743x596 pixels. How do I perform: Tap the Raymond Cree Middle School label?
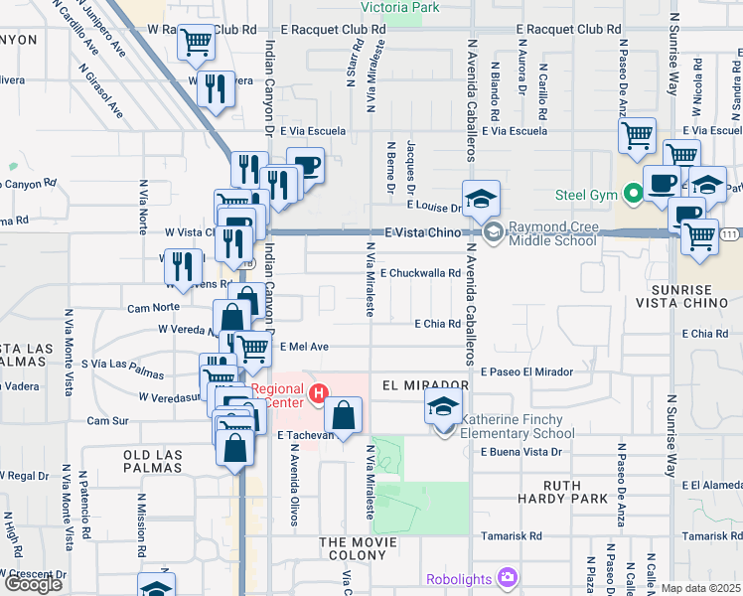click(x=552, y=233)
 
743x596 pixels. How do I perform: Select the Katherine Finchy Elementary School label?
click(x=519, y=426)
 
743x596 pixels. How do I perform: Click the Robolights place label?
click(x=462, y=578)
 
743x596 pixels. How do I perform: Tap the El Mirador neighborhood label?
click(x=422, y=384)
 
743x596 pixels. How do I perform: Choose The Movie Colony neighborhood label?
click(x=358, y=542)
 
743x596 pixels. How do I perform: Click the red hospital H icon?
click(x=317, y=393)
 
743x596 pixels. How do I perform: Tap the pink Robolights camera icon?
click(x=508, y=577)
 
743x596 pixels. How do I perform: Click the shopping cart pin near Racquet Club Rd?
click(x=197, y=43)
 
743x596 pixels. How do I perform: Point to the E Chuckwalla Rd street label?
click(x=421, y=273)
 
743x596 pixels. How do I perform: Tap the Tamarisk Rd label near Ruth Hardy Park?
click(x=512, y=535)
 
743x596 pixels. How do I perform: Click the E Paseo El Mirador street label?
click(x=527, y=372)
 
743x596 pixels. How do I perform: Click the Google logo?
click(x=34, y=583)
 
